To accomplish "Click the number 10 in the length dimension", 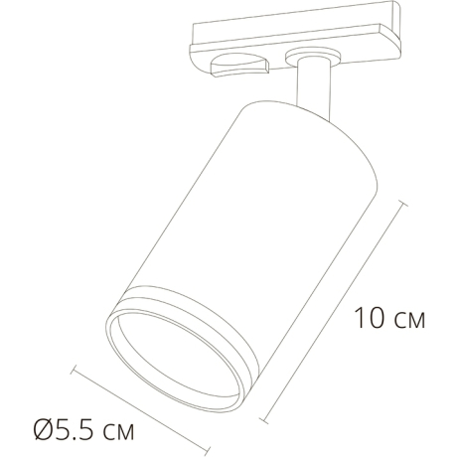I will click(368, 320).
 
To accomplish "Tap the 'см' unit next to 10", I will click(406, 322).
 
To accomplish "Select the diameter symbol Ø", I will click(43, 432).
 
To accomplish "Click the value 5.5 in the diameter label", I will click(76, 432).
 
